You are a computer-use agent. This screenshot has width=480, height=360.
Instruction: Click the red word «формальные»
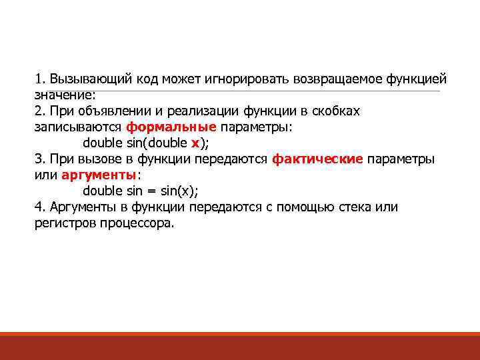pyautogui.click(x=171, y=127)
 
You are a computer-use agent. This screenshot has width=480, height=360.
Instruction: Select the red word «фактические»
pyautogui.click(x=317, y=159)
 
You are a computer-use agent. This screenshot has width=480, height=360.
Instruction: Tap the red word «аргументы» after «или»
pyautogui.click(x=98, y=175)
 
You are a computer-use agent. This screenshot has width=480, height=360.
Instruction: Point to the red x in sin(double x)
pyautogui.click(x=195, y=143)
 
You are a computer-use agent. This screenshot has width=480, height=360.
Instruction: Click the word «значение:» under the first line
pyautogui.click(x=65, y=95)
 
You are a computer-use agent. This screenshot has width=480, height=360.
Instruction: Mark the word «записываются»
pyautogui.click(x=78, y=127)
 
